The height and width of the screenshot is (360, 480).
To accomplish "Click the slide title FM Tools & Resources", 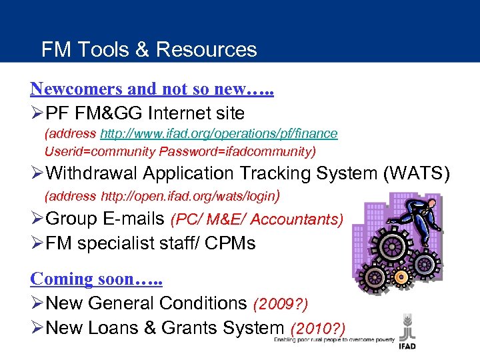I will click(149, 49).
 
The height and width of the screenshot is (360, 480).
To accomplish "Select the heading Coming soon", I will click(96, 279).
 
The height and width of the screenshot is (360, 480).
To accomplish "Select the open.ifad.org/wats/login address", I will click(188, 197).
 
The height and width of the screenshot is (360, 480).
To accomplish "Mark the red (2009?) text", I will click(281, 304).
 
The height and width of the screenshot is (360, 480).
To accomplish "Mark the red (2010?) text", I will click(317, 328).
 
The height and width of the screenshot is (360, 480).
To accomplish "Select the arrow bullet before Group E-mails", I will click(37, 219).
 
